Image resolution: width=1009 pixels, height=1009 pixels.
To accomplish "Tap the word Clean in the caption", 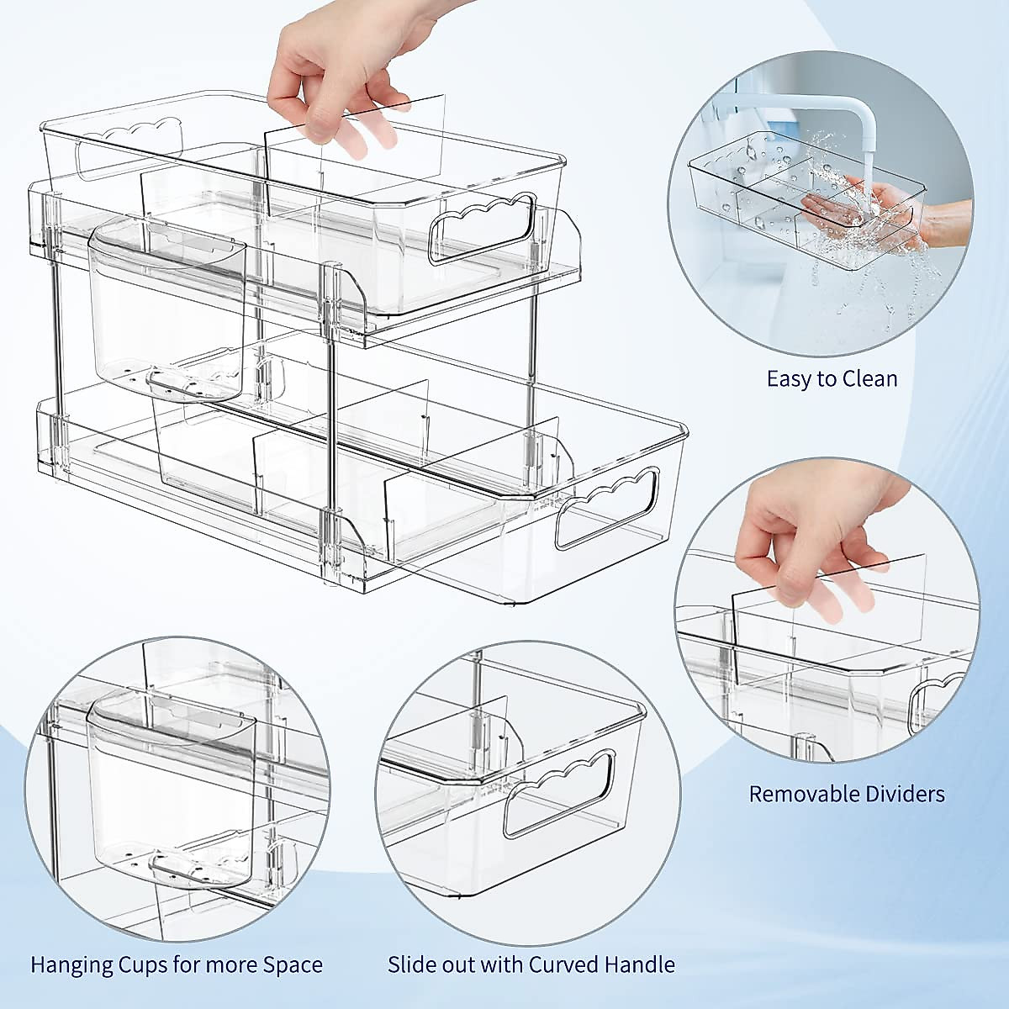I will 867,379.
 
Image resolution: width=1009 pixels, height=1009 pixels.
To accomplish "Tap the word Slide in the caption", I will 411,965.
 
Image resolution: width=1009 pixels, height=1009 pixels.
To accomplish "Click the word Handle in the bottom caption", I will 642,965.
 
